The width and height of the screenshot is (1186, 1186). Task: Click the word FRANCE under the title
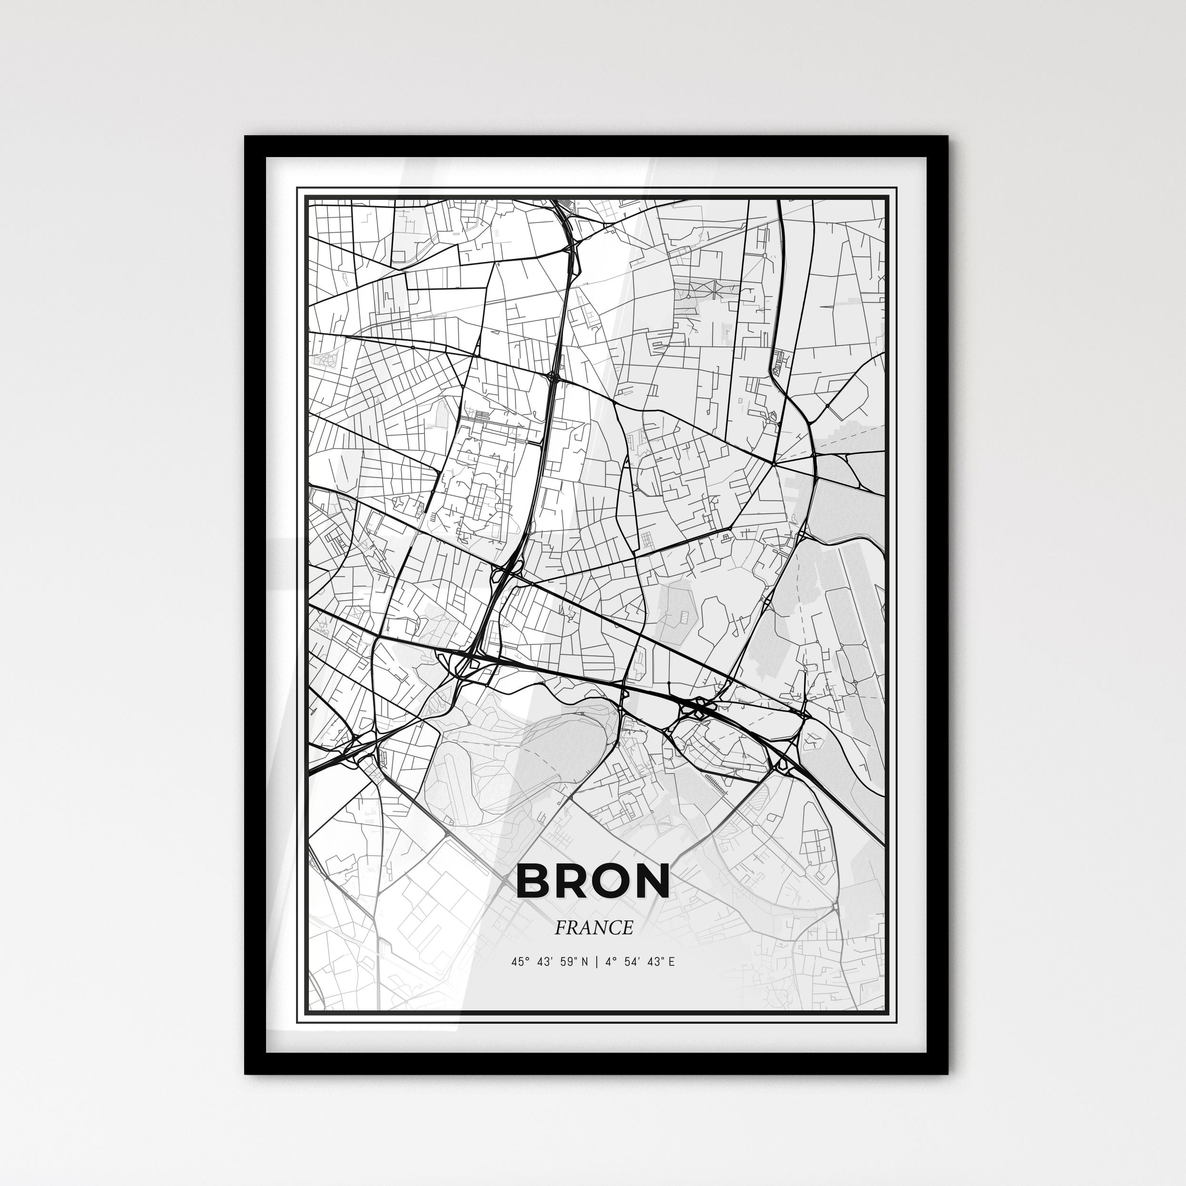point(593,928)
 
